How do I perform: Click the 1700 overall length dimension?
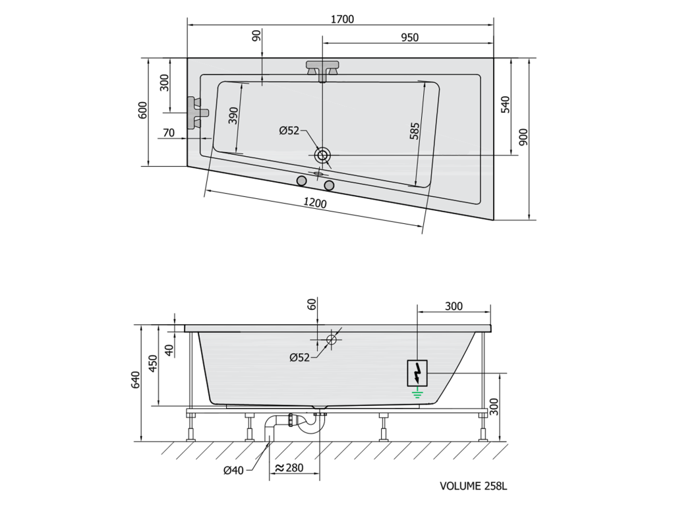[x=342, y=19]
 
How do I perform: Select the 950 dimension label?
[x=410, y=38]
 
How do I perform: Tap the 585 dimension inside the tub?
[x=415, y=132]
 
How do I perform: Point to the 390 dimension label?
[x=233, y=115]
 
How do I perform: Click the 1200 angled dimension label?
[x=315, y=202]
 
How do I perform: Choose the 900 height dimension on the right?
[x=523, y=137]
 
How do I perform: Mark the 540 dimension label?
[x=506, y=105]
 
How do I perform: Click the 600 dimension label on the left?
[x=143, y=110]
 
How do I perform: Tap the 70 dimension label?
[x=169, y=132]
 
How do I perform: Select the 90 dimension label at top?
[x=256, y=36]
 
